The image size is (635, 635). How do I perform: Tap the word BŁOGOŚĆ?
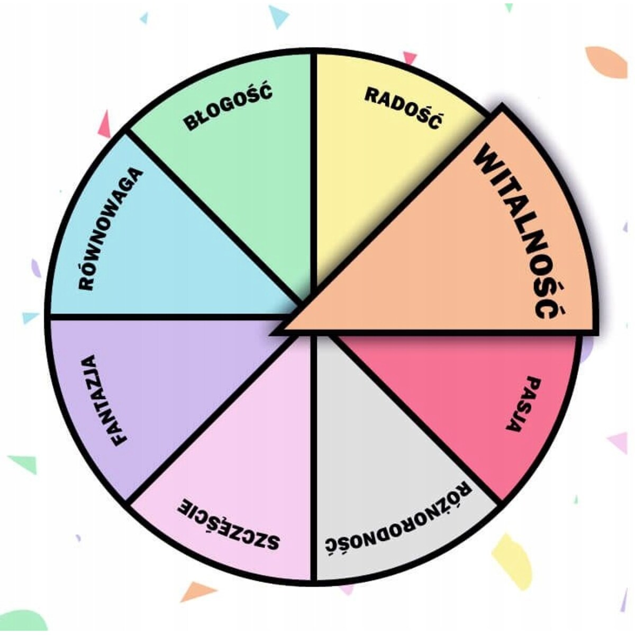click(x=229, y=106)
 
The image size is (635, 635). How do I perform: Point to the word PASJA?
click(x=523, y=404)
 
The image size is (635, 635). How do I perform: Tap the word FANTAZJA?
click(x=104, y=401)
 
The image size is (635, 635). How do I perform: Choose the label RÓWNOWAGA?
click(x=111, y=229)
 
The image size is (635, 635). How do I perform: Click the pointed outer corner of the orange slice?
click(x=502, y=106)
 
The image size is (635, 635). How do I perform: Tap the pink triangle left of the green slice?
click(x=105, y=124)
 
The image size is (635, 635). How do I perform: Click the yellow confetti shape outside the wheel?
click(x=512, y=561)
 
